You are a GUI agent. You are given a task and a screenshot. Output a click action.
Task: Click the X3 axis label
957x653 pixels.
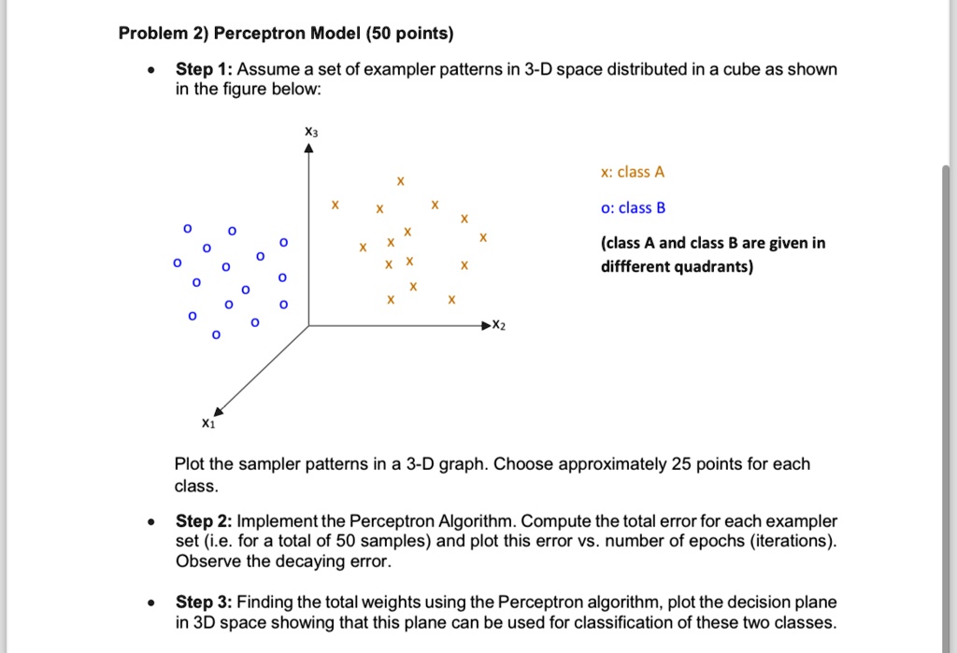click(x=311, y=134)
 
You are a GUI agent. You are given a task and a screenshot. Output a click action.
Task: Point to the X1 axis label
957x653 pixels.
click(x=207, y=423)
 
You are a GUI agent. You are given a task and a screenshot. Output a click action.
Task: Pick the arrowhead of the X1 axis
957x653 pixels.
click(x=219, y=408)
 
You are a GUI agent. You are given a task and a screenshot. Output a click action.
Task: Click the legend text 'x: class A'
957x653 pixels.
click(x=633, y=172)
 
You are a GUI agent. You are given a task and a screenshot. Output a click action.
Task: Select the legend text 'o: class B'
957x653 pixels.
click(x=633, y=207)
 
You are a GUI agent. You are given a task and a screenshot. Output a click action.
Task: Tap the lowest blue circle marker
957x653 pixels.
click(x=216, y=335)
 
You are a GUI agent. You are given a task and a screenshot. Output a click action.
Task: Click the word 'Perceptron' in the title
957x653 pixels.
click(x=258, y=34)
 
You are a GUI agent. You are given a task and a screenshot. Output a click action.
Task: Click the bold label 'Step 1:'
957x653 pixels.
click(x=204, y=70)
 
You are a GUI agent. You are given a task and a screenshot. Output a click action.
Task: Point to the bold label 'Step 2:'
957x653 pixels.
click(x=204, y=520)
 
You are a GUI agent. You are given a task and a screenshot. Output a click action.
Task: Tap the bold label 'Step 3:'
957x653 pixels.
click(x=204, y=603)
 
